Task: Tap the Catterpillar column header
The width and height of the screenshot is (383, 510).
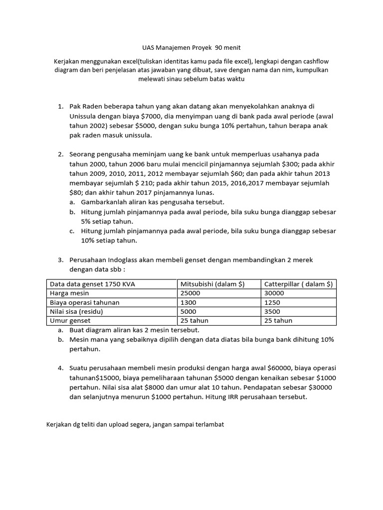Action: pos(298,284)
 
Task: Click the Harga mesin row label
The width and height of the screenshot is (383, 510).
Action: pos(69,293)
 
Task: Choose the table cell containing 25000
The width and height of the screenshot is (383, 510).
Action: pos(190,293)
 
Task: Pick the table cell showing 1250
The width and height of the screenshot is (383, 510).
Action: pos(272,302)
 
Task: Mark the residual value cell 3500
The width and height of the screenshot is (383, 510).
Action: pos(272,311)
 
